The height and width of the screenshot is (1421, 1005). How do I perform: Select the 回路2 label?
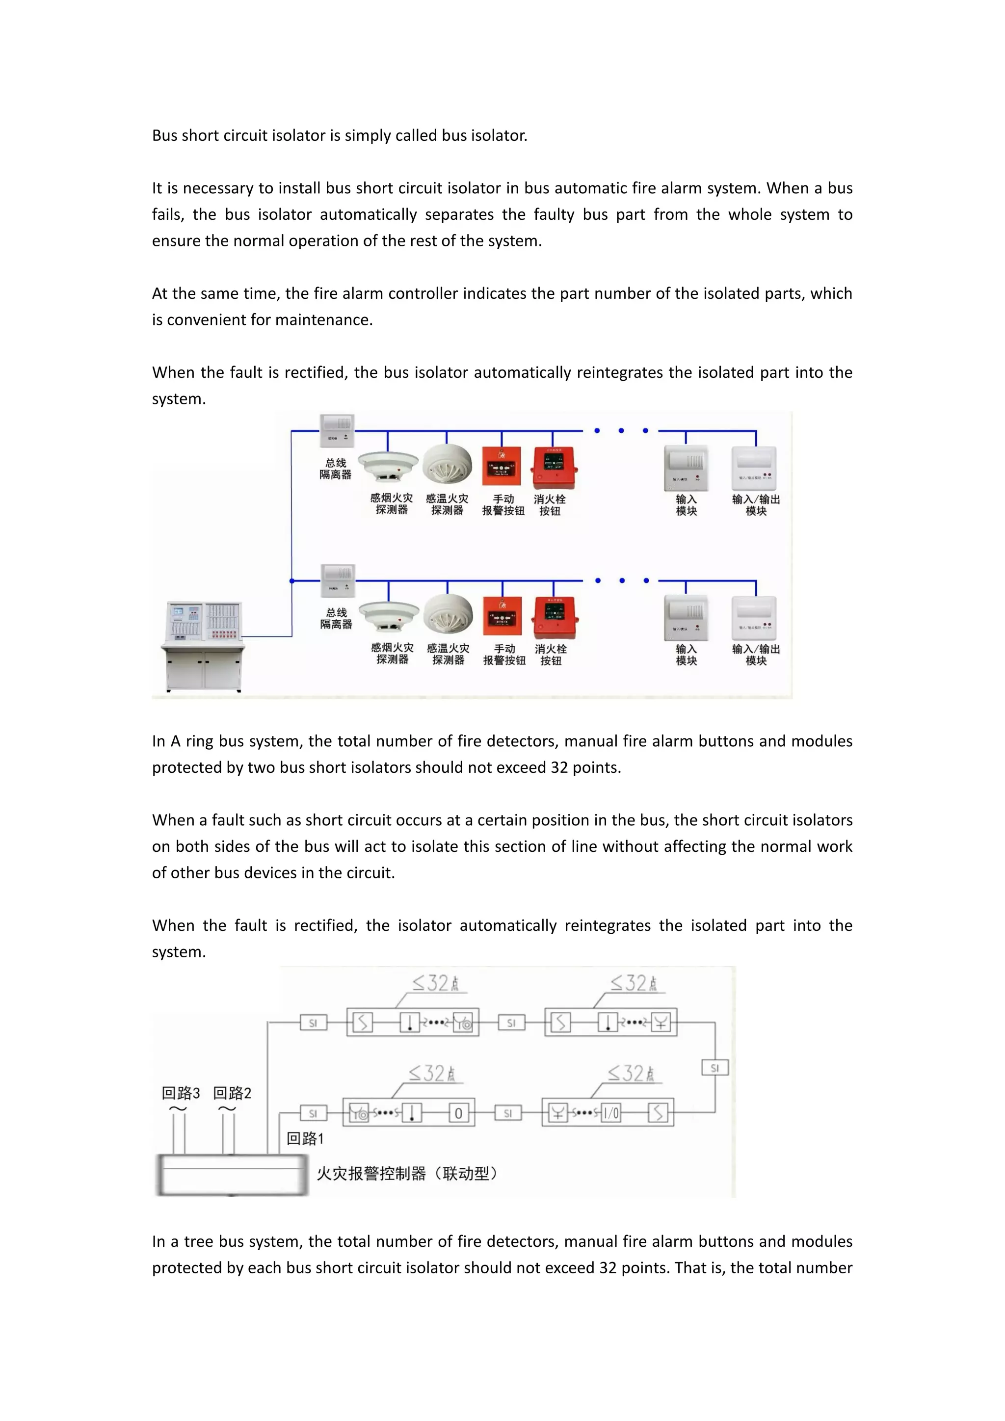[x=232, y=1093]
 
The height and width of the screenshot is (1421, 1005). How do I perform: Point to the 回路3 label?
[x=181, y=1093]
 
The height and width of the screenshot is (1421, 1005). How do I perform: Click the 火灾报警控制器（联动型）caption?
[x=407, y=1173]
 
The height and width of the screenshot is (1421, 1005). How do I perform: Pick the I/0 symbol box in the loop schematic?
[x=611, y=1113]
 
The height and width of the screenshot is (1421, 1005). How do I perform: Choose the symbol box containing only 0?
[x=458, y=1113]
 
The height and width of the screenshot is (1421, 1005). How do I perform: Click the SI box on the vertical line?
[x=715, y=1068]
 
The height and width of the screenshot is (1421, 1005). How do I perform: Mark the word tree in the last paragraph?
[x=198, y=1241]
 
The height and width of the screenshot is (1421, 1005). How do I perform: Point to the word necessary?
[x=213, y=188]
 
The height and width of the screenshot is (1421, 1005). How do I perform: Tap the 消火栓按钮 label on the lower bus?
[x=551, y=655]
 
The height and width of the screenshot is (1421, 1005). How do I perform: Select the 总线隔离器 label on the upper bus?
[x=336, y=469]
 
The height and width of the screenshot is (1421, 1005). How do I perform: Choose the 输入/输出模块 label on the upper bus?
[x=756, y=505]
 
